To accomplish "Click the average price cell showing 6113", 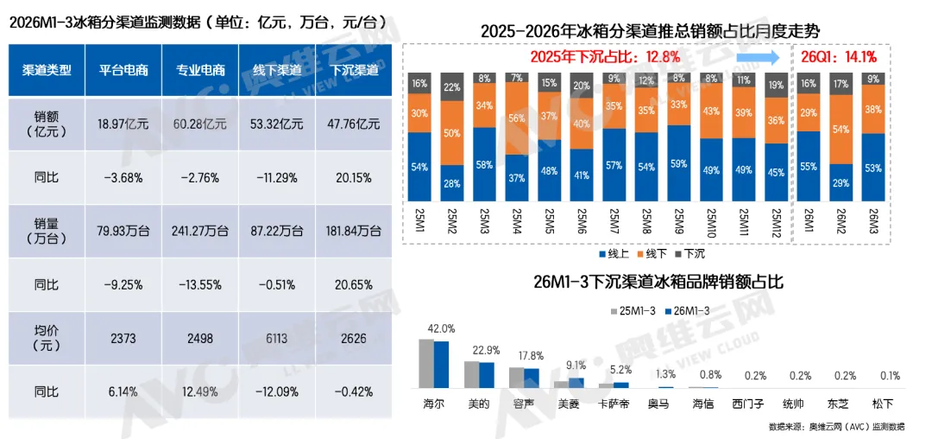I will coord(278,338).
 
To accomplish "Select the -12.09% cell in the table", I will coord(278,391).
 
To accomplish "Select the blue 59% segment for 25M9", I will coord(680,162).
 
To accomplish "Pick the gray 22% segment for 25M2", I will coord(452,87).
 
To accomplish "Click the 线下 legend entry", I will coord(655,255).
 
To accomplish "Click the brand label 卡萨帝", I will coord(613,404).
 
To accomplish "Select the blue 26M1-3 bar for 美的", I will coord(487,375).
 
